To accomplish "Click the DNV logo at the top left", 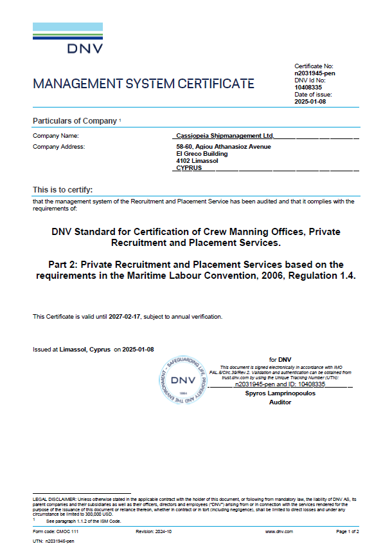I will [x=67, y=39].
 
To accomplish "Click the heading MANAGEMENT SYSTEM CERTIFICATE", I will [x=143, y=84].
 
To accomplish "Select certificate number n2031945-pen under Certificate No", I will [x=315, y=73].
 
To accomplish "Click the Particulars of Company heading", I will [x=75, y=121].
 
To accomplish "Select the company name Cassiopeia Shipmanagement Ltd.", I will [x=225, y=136].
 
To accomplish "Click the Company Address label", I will [x=59, y=147].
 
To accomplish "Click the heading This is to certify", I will [x=63, y=190].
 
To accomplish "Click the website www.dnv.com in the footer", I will [x=279, y=531].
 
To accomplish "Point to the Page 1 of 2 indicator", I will [x=348, y=531].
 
